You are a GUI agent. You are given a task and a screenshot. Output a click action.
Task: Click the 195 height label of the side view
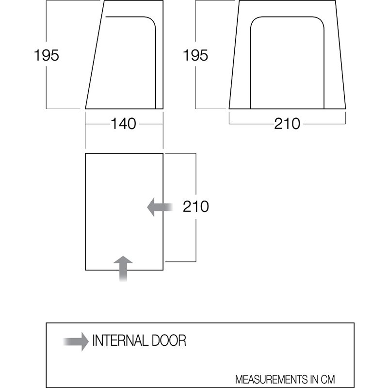tap(47, 56)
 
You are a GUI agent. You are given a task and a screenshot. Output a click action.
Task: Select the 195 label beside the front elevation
tap(195, 56)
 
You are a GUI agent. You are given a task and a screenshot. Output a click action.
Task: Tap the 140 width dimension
tap(123, 124)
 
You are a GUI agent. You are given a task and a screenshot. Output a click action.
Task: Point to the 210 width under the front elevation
tap(287, 124)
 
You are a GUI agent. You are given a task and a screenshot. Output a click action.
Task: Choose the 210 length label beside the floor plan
tap(195, 207)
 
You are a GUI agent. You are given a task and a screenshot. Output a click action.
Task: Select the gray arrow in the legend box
tap(76, 340)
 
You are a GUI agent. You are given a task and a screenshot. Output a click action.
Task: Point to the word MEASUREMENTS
tap(276, 379)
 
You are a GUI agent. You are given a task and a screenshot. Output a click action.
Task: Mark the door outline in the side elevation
tap(155, 58)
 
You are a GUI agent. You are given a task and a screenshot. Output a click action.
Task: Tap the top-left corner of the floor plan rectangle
tap(85, 153)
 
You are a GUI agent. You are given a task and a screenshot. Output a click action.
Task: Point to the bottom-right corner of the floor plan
tap(163, 270)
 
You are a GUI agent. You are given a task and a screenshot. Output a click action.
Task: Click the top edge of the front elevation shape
tap(288, 1)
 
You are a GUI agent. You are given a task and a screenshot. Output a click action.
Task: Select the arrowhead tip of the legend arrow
tap(88, 340)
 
